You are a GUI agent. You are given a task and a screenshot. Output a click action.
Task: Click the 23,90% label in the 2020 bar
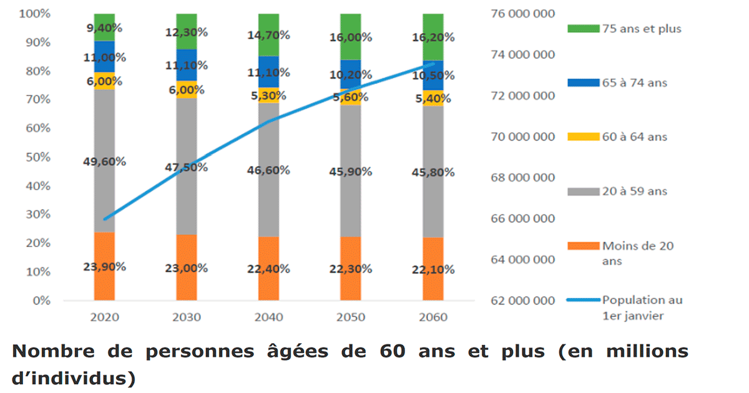[x=104, y=266]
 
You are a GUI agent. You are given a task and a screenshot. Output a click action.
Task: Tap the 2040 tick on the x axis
[x=268, y=317]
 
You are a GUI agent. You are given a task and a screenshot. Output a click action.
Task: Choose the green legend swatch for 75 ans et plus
[x=582, y=29]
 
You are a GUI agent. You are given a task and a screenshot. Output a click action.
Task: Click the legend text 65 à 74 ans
[x=635, y=82]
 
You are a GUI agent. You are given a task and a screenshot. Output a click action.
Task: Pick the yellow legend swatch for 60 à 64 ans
[x=582, y=137]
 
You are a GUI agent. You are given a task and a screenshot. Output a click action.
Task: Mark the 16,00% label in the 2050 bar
[x=351, y=37]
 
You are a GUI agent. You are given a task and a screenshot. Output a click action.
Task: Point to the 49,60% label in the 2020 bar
[x=104, y=162]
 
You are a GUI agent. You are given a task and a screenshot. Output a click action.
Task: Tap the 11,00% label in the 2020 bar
[x=104, y=58]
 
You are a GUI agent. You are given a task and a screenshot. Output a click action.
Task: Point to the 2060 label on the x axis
[x=433, y=317]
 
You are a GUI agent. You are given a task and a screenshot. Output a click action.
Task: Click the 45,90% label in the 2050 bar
[x=351, y=172]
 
